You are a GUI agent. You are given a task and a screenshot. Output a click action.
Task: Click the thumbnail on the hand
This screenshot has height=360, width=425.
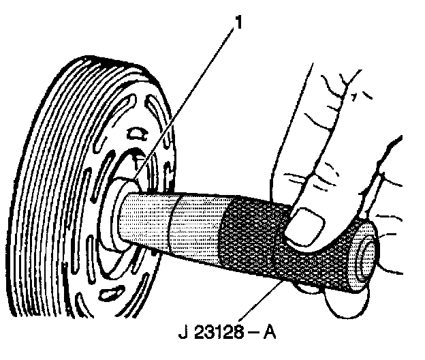point(306,225)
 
